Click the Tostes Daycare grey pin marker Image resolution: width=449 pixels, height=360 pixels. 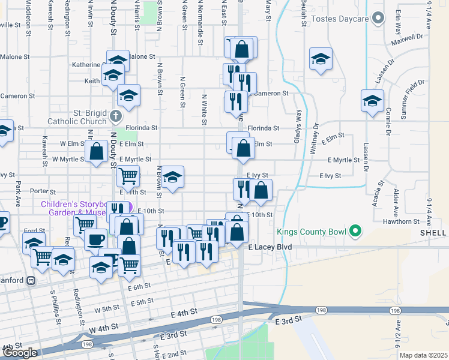pos(378,19)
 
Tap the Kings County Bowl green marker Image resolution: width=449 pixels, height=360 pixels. pos(355,230)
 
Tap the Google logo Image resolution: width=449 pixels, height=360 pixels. pos(20,353)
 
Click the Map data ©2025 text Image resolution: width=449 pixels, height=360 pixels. pos(423,355)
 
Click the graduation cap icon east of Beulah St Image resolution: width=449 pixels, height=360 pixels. pos(321,59)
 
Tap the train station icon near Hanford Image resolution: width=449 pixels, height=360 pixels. pos(31,280)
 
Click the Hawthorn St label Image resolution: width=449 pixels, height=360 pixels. pos(403,221)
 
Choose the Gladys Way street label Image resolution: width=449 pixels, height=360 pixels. pos(297,126)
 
